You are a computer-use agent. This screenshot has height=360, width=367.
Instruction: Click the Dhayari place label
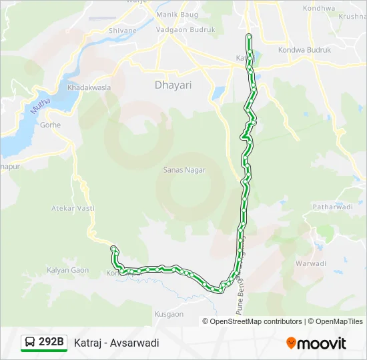[x=173, y=85]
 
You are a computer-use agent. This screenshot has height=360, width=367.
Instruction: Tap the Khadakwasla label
[x=89, y=87]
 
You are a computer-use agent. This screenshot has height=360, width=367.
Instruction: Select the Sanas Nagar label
[x=184, y=170]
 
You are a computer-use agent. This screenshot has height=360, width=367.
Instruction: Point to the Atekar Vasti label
[x=73, y=209]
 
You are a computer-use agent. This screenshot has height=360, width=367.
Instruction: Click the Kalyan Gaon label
[x=67, y=270]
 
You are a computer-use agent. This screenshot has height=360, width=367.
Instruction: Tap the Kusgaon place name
[x=169, y=314]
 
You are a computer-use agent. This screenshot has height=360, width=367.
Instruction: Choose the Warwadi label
[x=311, y=263]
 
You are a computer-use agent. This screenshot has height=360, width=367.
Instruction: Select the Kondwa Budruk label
[x=304, y=49]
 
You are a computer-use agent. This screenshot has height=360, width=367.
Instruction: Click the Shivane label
[x=122, y=30]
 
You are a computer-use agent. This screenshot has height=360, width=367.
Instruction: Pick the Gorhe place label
[x=50, y=125]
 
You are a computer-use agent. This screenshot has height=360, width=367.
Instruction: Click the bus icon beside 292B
[x=30, y=343]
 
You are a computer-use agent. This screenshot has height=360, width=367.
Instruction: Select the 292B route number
[x=51, y=343]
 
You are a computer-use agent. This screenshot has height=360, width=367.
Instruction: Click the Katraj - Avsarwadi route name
[x=117, y=343]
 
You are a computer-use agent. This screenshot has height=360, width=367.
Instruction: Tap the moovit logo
[x=316, y=343]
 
